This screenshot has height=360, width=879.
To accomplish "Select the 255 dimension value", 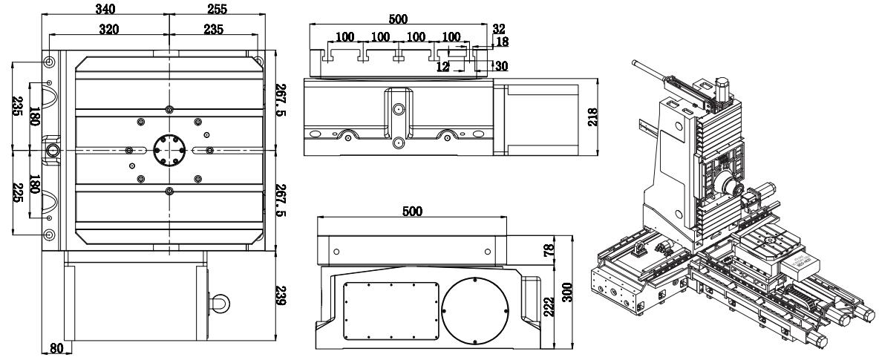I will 216,10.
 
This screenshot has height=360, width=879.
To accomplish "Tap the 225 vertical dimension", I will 18,197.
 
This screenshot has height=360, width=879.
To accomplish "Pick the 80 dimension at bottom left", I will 54,347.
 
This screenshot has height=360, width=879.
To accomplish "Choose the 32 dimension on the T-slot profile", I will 499,28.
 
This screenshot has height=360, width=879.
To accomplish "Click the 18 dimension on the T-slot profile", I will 501,42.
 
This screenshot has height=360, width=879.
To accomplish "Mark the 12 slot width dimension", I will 443,66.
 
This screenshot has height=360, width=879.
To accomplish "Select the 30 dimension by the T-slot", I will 501,66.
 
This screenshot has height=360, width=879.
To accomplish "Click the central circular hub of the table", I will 169,150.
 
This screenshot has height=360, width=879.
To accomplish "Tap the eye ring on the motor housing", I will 220,301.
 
